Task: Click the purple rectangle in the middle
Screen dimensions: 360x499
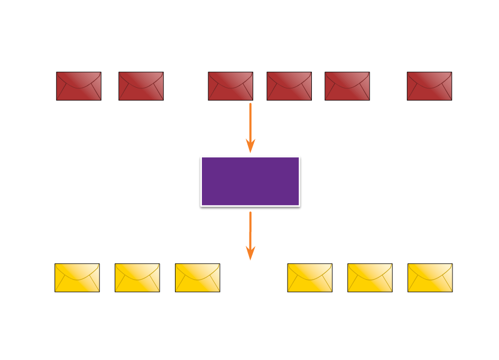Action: [250, 181]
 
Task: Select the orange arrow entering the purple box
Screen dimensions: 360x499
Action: [250, 124]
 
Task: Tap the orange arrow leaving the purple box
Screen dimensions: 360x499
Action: [250, 233]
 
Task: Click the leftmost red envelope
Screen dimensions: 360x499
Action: [79, 86]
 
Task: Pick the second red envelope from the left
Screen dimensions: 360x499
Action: [141, 86]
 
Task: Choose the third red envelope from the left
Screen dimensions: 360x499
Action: [230, 86]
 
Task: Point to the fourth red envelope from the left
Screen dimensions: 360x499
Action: [289, 86]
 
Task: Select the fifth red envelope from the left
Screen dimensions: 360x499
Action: [347, 86]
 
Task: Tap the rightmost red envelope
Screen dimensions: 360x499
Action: [429, 86]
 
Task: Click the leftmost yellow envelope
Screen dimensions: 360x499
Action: [77, 278]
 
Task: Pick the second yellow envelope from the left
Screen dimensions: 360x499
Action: [137, 278]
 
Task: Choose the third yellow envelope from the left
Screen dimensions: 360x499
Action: [198, 278]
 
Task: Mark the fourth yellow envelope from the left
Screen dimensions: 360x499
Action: [310, 278]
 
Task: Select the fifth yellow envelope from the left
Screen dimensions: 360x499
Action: [370, 278]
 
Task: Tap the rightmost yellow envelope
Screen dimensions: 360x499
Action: [430, 278]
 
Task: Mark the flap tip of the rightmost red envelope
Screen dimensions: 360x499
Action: [429, 88]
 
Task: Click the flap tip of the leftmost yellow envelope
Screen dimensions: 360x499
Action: [77, 280]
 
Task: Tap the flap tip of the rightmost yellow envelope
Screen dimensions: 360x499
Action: [430, 280]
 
